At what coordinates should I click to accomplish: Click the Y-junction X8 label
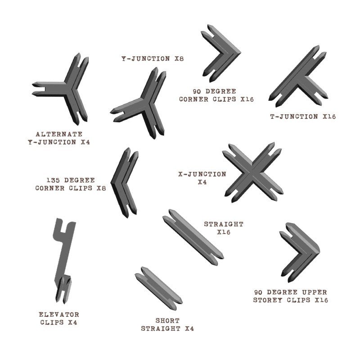152,58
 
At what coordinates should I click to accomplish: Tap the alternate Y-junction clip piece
67,90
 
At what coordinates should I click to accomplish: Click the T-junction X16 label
303,117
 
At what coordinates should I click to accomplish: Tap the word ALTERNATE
59,134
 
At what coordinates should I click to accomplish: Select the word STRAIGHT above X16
224,224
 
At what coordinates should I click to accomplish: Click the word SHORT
167,321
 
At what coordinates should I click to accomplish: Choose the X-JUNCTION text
202,174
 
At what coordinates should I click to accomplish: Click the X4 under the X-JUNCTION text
202,183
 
